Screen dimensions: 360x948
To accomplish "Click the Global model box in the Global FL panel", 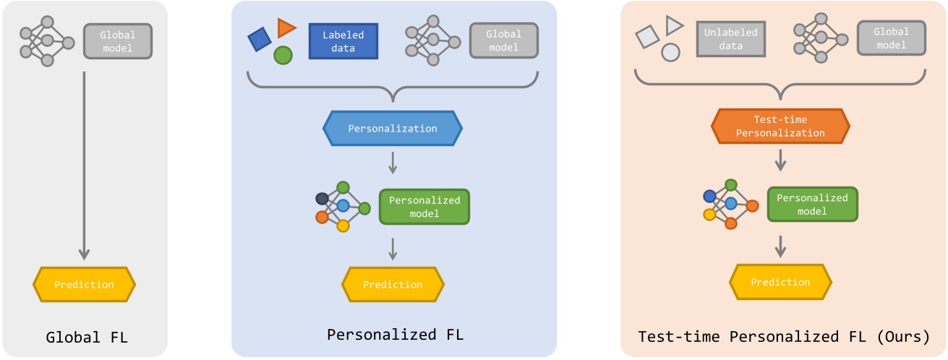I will click(x=118, y=41).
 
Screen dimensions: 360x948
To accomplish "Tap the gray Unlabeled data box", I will click(x=732, y=39).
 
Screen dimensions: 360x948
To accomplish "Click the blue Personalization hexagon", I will click(x=392, y=129).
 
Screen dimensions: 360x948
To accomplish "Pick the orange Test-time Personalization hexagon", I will click(x=779, y=127).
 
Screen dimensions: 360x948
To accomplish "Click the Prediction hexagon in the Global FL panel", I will click(x=84, y=284).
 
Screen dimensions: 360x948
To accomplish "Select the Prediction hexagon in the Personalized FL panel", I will click(x=393, y=284).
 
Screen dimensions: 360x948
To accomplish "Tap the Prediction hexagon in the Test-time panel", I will click(x=780, y=282).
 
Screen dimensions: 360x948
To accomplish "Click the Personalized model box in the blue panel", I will click(x=424, y=207).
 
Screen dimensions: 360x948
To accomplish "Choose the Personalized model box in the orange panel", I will click(x=812, y=204).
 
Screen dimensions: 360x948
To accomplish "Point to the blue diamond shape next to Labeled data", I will click(x=260, y=39).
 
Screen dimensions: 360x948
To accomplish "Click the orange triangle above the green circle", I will click(x=286, y=28).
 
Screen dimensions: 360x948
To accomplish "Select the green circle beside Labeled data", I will click(x=283, y=55).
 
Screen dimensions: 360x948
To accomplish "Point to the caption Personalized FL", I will click(x=395, y=335).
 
